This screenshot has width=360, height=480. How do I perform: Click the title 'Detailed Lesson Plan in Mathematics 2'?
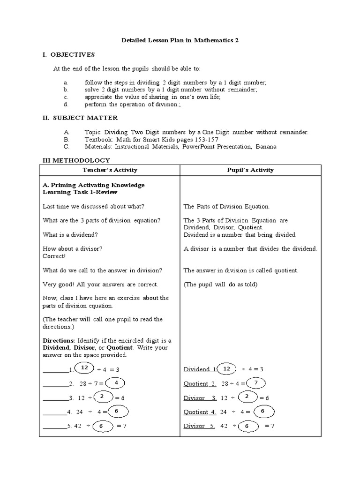180,41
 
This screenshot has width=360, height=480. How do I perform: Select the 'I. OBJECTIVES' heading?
69,55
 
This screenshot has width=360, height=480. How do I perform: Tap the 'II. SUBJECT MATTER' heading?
80,118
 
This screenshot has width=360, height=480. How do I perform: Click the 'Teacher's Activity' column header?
110,170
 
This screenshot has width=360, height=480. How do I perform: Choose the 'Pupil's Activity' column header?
250,170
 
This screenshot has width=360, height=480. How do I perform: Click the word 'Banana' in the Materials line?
266,147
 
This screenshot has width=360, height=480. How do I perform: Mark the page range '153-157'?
205,140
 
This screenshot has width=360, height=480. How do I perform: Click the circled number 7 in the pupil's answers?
256,383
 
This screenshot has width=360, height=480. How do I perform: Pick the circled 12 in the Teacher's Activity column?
85,368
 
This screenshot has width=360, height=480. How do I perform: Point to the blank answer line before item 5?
54,427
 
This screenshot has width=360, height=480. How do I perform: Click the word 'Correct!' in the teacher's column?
54,256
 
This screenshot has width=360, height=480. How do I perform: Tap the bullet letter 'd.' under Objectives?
67,104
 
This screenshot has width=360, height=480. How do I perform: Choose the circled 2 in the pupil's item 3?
247,397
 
